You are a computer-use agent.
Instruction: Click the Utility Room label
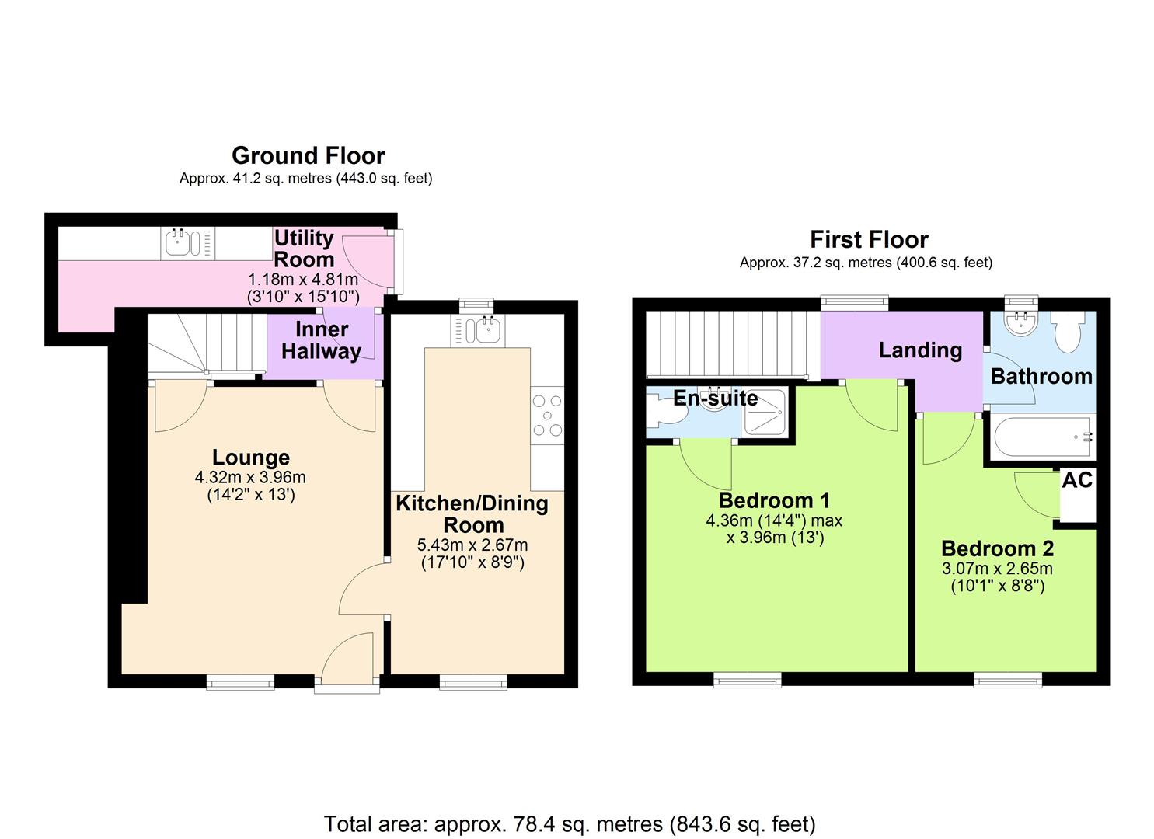point(304,249)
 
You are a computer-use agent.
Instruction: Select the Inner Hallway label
point(321,340)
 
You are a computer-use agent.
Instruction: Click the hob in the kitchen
point(546,416)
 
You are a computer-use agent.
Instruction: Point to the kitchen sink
point(487,331)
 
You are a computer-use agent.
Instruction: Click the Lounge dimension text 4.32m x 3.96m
point(250,477)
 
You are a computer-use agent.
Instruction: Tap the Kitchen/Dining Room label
point(472,513)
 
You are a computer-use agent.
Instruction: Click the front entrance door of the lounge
point(348,660)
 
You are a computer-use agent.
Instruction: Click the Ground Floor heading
point(308,155)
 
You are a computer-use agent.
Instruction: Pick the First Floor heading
point(869,239)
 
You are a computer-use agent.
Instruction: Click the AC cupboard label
point(1077,480)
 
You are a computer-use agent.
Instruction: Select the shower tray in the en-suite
point(765,413)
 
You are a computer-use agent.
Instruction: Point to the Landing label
point(920,350)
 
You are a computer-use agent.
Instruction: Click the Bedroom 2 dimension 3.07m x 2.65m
point(998,569)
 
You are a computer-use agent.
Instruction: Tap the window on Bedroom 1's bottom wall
point(748,681)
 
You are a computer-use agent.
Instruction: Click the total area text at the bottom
point(570,823)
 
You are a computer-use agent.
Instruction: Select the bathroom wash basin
point(1020,322)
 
